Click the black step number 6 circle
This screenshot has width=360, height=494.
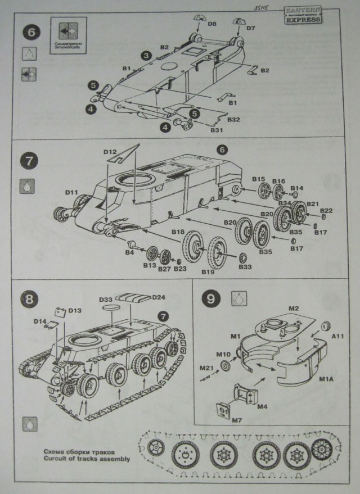[x=31, y=31]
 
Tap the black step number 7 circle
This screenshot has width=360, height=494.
[x=30, y=160]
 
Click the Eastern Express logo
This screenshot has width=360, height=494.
[x=304, y=15]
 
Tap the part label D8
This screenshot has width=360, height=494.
[x=211, y=24]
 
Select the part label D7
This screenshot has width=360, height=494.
[x=250, y=28]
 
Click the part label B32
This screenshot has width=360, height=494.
[x=233, y=119]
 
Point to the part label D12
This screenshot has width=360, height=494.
[x=110, y=151]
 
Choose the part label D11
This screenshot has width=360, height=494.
[x=71, y=192]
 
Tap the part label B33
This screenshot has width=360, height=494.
[x=245, y=266]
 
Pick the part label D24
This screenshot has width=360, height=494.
[x=158, y=297]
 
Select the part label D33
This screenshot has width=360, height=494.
[x=107, y=300]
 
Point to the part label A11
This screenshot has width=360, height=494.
[x=337, y=336]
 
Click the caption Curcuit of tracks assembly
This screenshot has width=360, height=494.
[x=85, y=459]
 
